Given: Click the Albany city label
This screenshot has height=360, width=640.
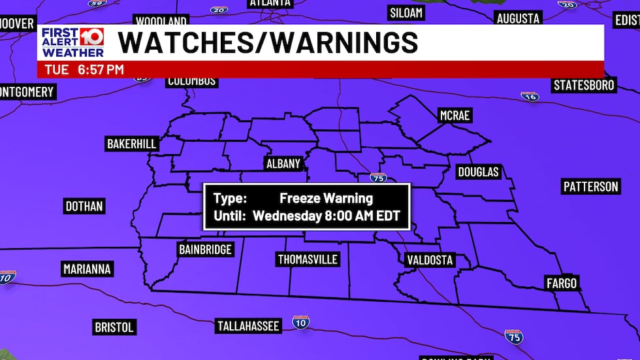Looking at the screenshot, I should coord(283,164).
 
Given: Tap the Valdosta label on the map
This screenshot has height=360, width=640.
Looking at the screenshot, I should coord(429,260).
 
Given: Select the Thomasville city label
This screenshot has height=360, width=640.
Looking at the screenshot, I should coord(308,259).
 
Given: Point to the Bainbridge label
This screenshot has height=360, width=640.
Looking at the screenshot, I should coord(205,249).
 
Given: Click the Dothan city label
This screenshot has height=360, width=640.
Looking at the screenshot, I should coord(84,206).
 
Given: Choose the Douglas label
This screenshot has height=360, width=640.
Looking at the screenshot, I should coord(478,172).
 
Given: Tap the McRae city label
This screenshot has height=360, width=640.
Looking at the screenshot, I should coord(455,116).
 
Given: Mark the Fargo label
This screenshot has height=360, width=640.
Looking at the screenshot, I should coord(562,283).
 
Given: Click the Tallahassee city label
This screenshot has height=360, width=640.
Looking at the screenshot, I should coord(248,325).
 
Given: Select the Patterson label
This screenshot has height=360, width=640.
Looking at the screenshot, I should coord(590,186).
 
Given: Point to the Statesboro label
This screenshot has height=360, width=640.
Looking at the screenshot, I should coord(584,85).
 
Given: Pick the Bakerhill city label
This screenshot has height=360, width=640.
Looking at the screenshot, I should coord(132,143).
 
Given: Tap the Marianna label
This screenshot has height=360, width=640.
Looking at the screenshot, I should coord(88,269).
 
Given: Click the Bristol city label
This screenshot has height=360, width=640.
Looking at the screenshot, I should coord(114,327).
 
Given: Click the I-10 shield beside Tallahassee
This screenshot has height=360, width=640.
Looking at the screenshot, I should coord(300,321).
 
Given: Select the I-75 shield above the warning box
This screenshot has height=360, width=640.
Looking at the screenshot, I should coord(377,177).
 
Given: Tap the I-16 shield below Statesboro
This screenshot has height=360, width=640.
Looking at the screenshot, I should coord(530,97).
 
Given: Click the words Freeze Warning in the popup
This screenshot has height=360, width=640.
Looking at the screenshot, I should coord(326,198).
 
